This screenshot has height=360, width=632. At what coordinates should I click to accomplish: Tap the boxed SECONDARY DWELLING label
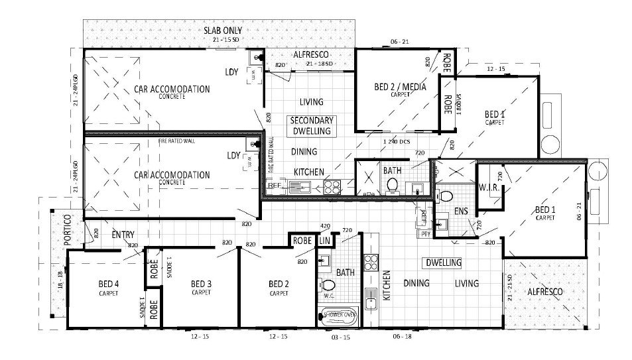click(x=312, y=125)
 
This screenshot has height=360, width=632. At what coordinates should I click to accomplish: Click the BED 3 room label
click(x=201, y=284)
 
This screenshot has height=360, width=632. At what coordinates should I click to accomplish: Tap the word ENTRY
click(x=124, y=235)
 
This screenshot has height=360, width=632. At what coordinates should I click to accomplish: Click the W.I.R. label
click(x=488, y=188)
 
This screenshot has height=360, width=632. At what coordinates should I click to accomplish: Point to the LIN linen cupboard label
click(x=324, y=241)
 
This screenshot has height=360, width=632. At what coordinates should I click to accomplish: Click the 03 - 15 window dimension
click(x=340, y=337)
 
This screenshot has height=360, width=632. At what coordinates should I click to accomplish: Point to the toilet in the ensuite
click(x=446, y=196)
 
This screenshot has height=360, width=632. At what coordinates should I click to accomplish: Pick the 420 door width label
click(x=325, y=226)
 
